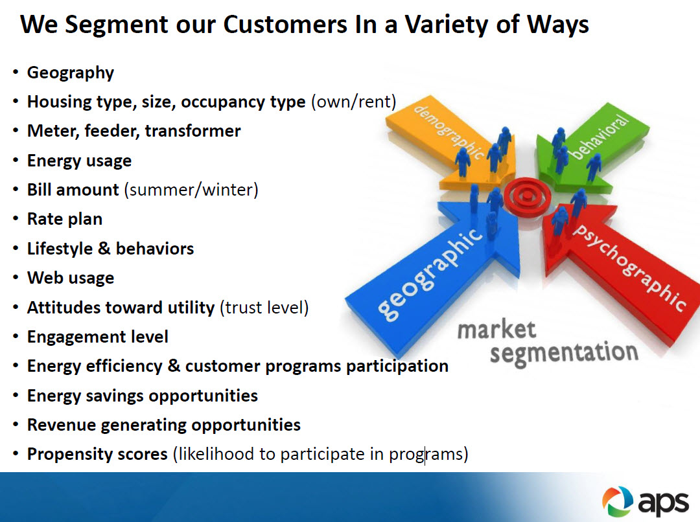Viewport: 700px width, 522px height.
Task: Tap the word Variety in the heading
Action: coord(447,26)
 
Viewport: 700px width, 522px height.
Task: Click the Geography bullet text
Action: coord(71,73)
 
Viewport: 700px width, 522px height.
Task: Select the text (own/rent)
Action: coord(354,102)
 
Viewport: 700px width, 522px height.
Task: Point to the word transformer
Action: coord(193,131)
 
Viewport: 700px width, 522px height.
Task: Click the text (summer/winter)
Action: coord(191,190)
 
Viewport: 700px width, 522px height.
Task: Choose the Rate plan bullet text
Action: coord(65,220)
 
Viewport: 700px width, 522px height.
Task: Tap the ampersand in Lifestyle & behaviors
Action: coord(104,248)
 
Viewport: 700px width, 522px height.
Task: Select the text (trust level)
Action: coord(264,308)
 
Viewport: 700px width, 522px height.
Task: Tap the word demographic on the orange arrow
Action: coord(449,131)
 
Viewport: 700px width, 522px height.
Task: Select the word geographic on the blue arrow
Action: coord(430,275)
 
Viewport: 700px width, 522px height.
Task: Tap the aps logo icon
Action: coord(618,501)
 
